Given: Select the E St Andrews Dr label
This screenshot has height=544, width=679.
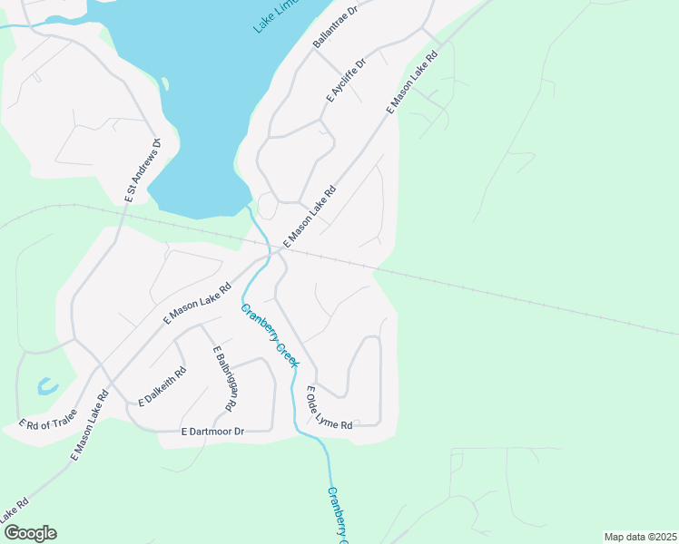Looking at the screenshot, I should point(143,170).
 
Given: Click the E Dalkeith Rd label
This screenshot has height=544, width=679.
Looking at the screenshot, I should point(162,386).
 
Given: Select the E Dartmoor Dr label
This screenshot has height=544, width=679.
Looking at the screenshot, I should point(212,432).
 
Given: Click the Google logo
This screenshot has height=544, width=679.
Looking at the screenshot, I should point(29,533).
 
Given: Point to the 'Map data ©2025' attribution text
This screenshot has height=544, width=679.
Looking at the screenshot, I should point(640,537).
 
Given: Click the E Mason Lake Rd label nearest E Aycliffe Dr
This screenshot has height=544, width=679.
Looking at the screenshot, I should point(411,81).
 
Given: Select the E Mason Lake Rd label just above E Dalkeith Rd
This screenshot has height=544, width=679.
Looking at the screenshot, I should point(197,305).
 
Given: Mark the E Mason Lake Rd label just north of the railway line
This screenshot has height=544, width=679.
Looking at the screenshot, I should point(310,218).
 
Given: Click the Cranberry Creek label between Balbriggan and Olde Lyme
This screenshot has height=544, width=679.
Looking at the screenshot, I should point(270,335).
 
